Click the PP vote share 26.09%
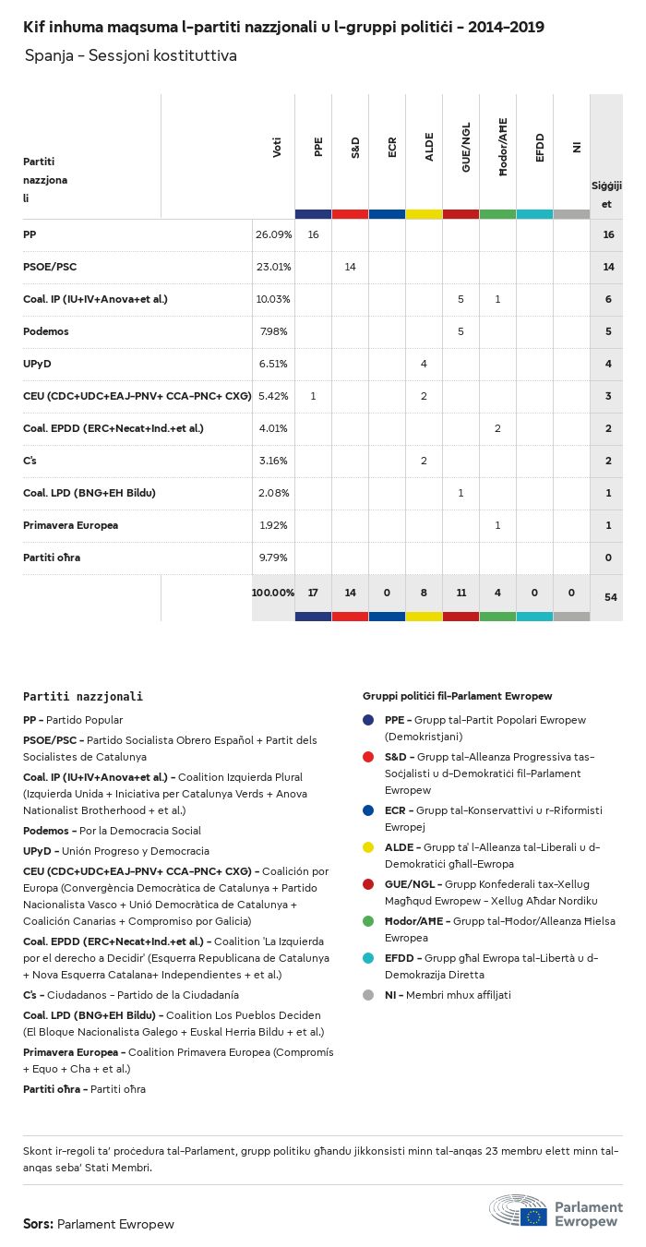[x=273, y=235]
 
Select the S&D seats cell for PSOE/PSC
[x=350, y=267]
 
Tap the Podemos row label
[x=46, y=331]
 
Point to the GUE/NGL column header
[x=466, y=152]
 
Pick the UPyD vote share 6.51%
[x=273, y=364]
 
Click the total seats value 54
[x=610, y=597]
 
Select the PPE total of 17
[x=313, y=592]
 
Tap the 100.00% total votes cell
[x=273, y=592]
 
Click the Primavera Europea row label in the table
[x=70, y=525]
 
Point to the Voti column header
[x=277, y=148]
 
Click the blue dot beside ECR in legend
[x=369, y=810]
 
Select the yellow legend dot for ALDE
[x=369, y=846]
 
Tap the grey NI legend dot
[x=369, y=995]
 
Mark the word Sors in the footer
[x=38, y=1224]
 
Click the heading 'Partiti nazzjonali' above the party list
[x=83, y=696]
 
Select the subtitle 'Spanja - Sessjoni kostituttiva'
[x=131, y=56]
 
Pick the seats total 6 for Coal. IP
[x=608, y=299]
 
